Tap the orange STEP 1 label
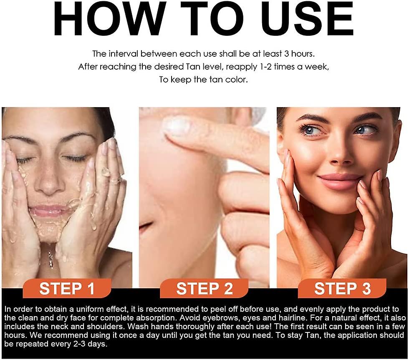pyautogui.click(x=67, y=289)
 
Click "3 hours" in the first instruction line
pyautogui.click(x=301, y=53)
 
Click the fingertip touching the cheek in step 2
pyautogui.click(x=173, y=125)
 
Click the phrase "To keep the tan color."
pyautogui.click(x=204, y=80)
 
